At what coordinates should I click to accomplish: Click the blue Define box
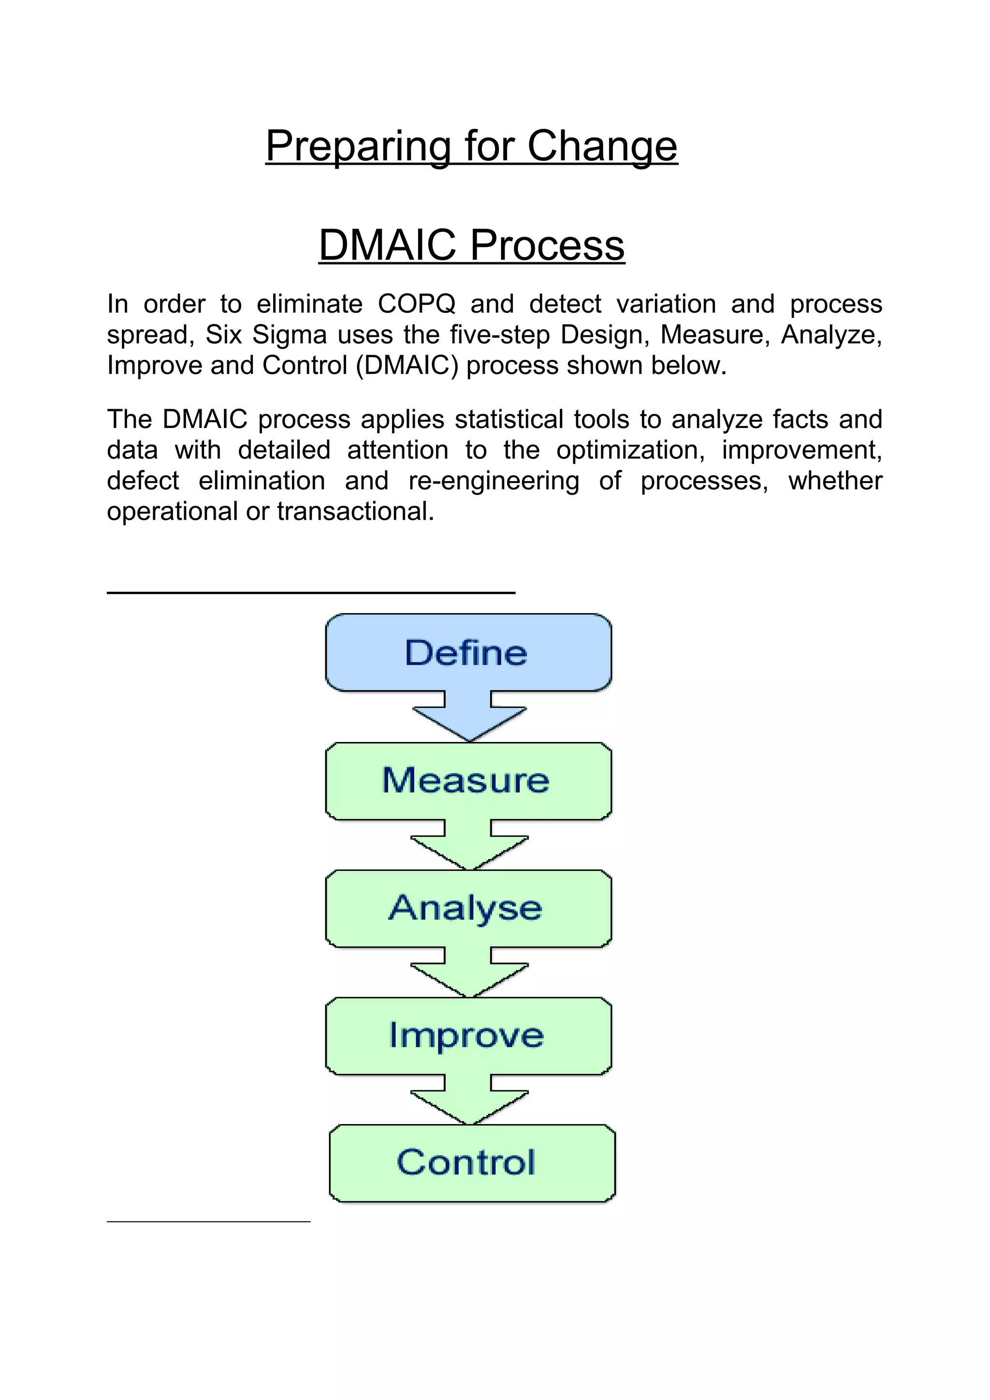[468, 653]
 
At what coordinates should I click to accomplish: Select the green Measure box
[468, 781]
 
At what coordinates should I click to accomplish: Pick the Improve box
[468, 1035]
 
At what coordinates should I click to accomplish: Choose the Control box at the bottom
[471, 1163]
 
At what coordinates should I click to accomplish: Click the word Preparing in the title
[357, 146]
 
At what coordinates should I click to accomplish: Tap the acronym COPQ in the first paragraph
[416, 304]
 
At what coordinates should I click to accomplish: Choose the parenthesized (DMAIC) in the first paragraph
[407, 365]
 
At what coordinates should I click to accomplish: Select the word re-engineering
[494, 481]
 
